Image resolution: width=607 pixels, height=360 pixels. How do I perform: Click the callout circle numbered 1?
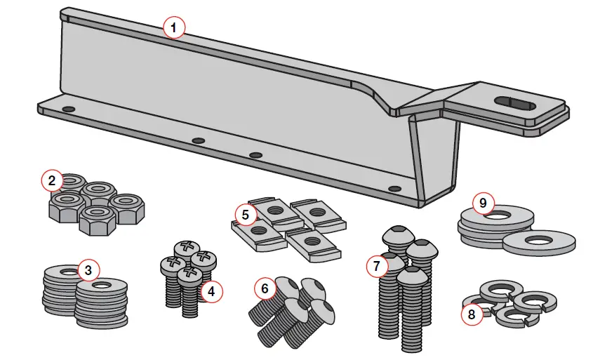174,28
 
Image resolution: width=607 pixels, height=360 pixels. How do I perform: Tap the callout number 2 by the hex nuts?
52,180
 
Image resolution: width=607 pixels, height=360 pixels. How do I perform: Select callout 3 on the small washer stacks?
88,269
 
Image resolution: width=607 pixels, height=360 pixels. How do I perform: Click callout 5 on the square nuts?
245,215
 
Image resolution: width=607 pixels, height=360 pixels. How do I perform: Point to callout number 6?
265,288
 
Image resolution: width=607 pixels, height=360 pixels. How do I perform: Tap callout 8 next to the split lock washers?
471,314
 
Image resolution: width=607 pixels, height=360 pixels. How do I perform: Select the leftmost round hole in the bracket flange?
68,110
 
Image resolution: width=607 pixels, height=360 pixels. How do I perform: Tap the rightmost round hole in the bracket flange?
394,189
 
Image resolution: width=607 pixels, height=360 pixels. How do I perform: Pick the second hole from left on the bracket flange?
199,141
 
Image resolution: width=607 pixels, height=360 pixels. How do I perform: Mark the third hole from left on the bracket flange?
255,155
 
